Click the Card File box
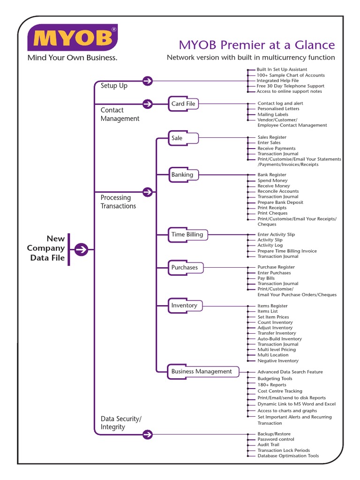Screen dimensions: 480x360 tap(183, 104)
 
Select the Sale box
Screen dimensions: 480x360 tap(183, 138)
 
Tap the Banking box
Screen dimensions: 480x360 tap(183, 175)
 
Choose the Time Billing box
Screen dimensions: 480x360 tap(187, 234)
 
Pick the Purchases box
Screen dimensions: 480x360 tap(185, 268)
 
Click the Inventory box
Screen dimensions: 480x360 tap(184, 306)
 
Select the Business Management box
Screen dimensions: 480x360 tap(202, 372)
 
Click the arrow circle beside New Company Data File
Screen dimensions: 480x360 tap(81, 249)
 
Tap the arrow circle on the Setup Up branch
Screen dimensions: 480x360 tap(147, 81)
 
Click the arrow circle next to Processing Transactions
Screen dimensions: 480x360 tap(147, 192)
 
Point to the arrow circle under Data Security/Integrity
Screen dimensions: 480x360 tap(147, 435)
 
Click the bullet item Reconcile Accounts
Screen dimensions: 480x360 tap(278, 191)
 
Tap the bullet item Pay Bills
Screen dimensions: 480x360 tap(266, 278)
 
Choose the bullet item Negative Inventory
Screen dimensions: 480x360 tap(278, 361)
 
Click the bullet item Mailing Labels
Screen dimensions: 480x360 tap(273, 114)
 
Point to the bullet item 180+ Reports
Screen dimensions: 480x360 tap(272, 385)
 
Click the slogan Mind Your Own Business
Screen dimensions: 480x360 tap(72, 58)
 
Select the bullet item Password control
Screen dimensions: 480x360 tap(276, 439)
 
